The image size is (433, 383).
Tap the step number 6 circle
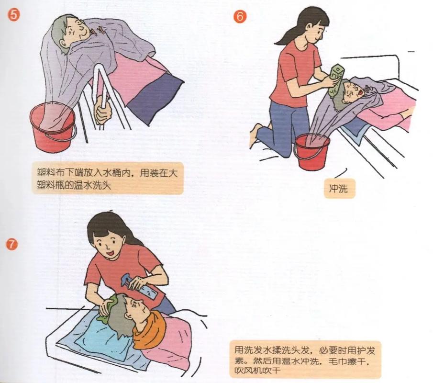click(x=240, y=16)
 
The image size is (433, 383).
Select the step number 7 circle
click(x=11, y=244)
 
